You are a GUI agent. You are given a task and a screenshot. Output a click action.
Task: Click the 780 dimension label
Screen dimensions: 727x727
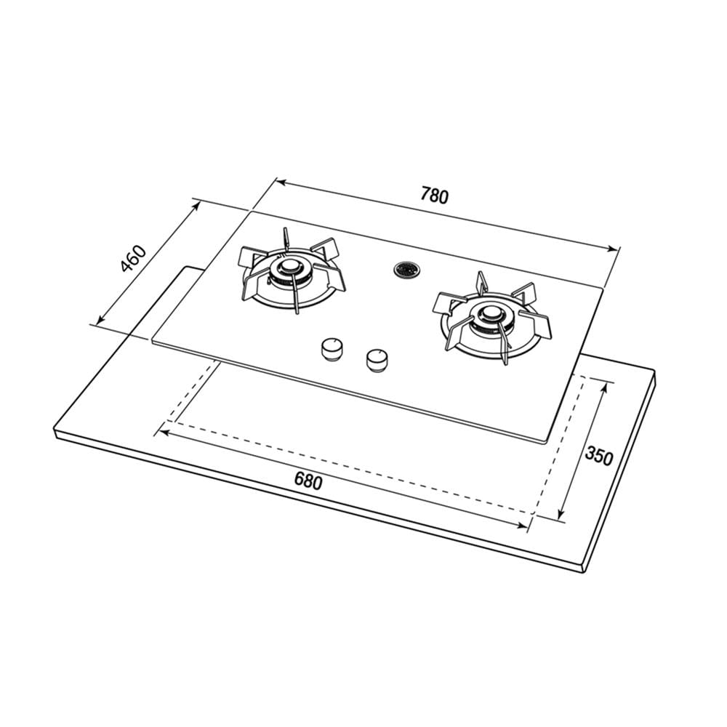pyautogui.click(x=435, y=195)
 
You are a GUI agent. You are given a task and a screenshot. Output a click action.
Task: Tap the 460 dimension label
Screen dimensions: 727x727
pyautogui.click(x=133, y=259)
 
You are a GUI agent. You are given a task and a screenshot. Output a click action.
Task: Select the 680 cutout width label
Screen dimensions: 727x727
pyautogui.click(x=308, y=481)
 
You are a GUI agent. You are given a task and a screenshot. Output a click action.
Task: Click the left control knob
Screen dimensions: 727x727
pyautogui.click(x=332, y=349)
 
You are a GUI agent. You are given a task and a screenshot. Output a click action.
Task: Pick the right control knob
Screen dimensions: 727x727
pyautogui.click(x=377, y=361)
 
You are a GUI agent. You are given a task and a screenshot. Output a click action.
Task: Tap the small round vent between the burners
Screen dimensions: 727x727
pyautogui.click(x=406, y=270)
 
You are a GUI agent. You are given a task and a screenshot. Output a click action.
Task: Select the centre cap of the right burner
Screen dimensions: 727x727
pyautogui.click(x=490, y=316)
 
